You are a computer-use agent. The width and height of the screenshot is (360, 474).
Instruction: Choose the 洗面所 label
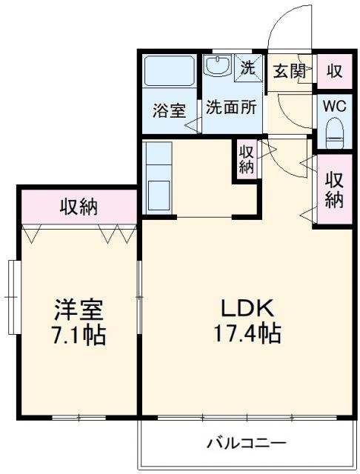coord(231,107)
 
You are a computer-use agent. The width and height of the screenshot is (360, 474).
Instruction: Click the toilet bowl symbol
coord(334,133)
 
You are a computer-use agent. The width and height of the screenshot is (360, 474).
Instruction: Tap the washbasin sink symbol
coord(218,67)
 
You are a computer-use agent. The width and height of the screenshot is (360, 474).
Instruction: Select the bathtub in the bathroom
coord(168,73)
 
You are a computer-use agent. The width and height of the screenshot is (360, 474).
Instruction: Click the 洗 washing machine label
coord(248,67)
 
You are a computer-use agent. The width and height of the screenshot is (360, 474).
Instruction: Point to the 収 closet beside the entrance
coord(334,72)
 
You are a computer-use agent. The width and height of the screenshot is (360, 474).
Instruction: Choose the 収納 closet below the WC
coord(334,189)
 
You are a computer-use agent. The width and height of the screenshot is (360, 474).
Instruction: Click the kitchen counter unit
coord(159,178)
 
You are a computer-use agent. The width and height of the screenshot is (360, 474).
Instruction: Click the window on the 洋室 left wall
coord(12,296)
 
